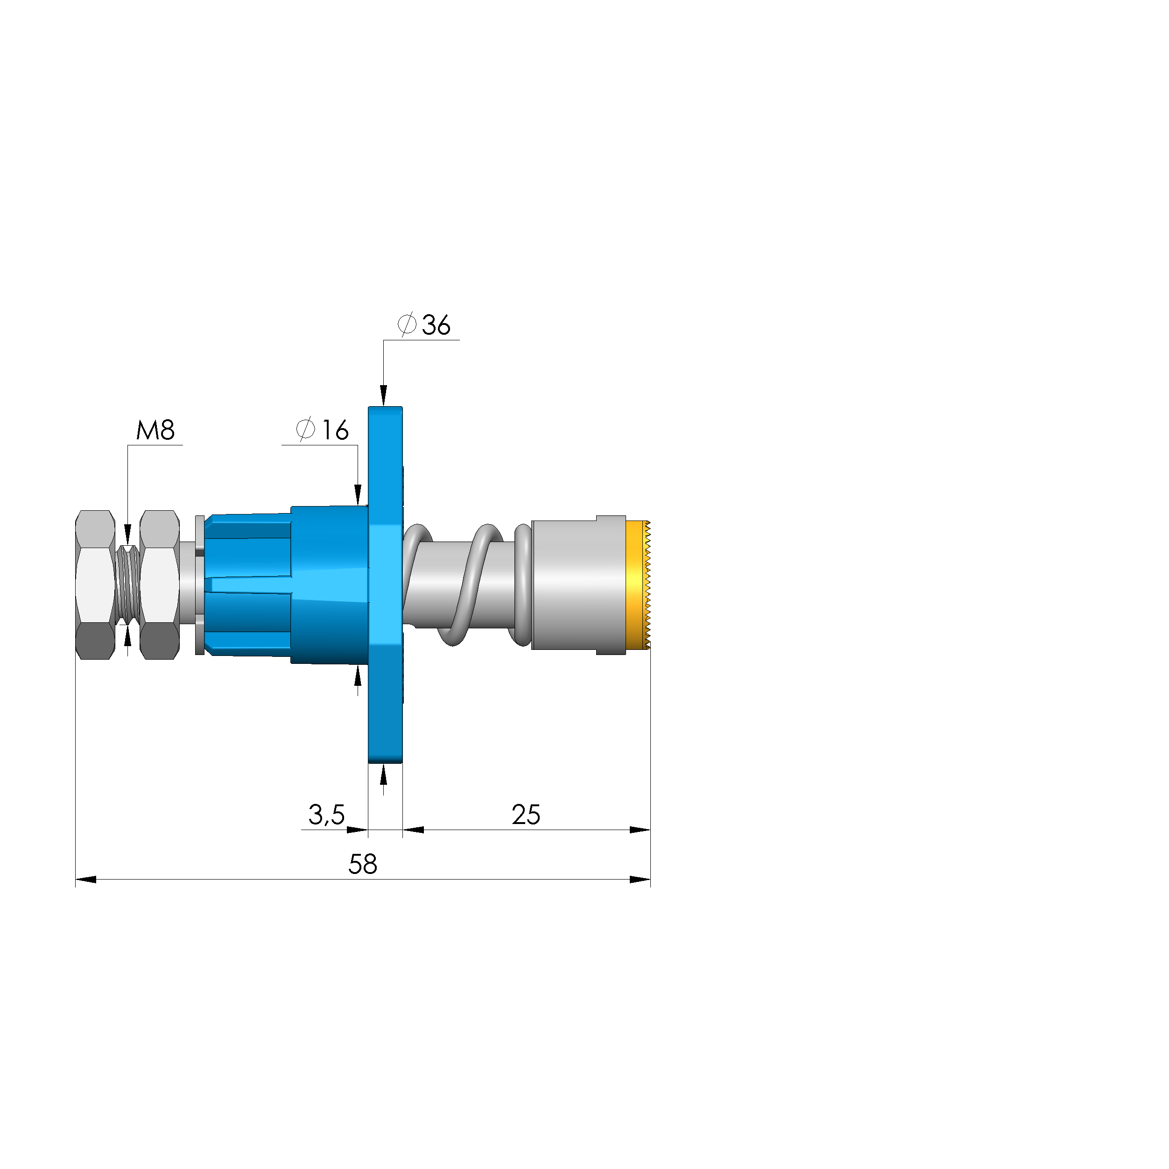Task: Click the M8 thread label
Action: click(x=155, y=430)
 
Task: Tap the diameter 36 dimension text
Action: click(x=424, y=325)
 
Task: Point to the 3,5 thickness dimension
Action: click(x=326, y=815)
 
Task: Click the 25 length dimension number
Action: click(x=526, y=815)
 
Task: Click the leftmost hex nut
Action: click(x=95, y=584)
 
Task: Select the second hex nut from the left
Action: click(x=160, y=584)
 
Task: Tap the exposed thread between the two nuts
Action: click(x=127, y=584)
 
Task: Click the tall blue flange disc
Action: click(x=386, y=584)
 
